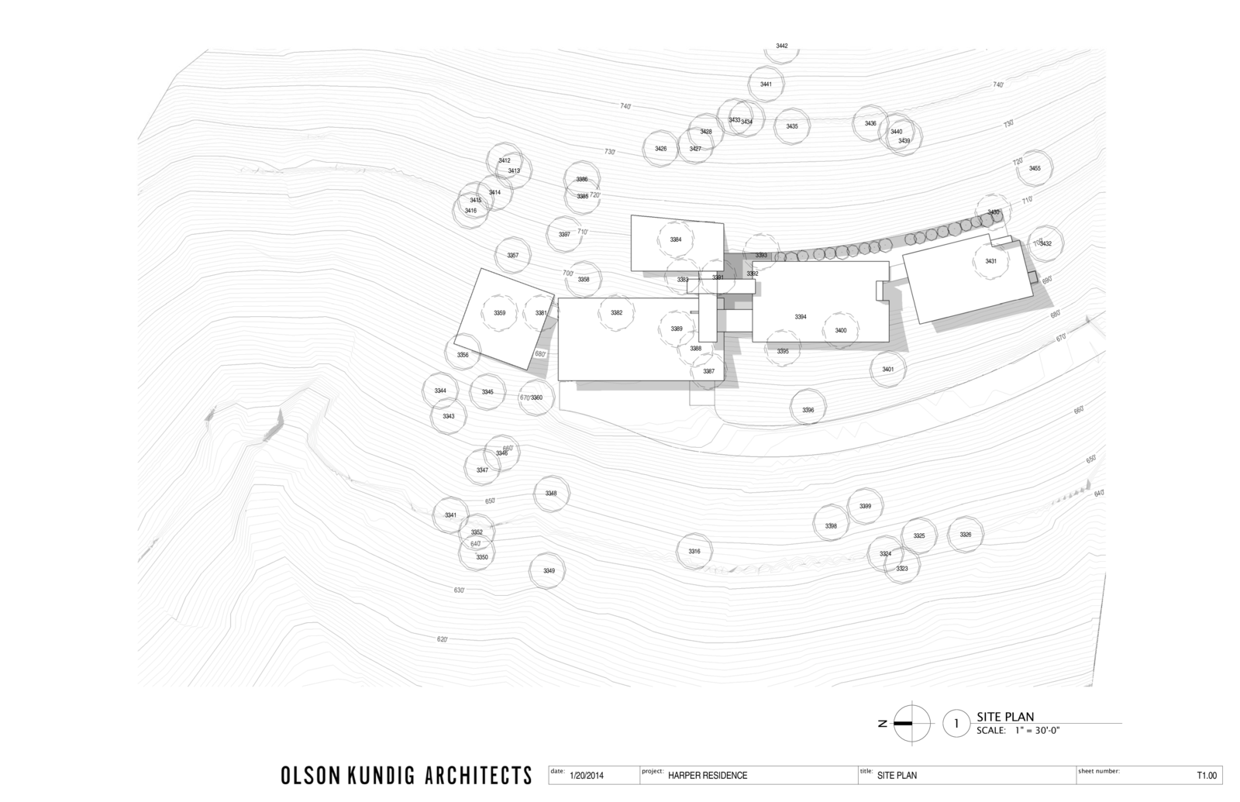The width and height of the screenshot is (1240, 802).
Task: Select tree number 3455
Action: point(1035,168)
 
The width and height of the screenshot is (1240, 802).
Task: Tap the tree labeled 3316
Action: point(694,551)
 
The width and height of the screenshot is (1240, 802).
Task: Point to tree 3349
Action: point(549,571)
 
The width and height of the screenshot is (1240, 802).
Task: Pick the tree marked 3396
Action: point(808,410)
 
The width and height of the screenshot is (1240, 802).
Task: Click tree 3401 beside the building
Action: point(888,370)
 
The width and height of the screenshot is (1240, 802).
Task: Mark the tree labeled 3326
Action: point(966,535)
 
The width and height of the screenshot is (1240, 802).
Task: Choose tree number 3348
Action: point(551,494)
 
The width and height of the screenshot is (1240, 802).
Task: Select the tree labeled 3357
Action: point(512,255)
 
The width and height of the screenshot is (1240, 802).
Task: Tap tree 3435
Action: point(792,126)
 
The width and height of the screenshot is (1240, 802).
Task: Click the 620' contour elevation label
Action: point(443,639)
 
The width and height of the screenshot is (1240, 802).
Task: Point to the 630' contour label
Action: point(460,590)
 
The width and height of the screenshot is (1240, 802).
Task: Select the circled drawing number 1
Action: point(956,724)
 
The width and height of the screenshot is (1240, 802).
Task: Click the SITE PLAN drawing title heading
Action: point(1005,717)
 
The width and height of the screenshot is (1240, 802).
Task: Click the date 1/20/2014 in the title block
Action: point(586,775)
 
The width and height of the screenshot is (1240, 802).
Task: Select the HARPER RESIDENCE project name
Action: point(708,775)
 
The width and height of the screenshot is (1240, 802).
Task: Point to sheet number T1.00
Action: point(1207,775)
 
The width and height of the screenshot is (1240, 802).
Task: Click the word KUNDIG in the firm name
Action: point(401,775)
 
